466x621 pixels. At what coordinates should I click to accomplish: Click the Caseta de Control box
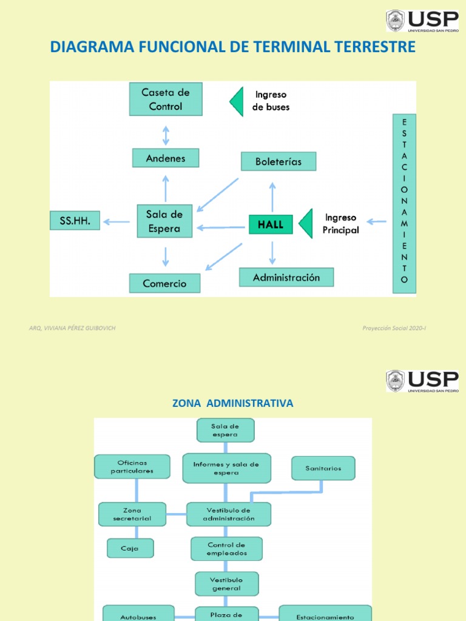pos(166,99)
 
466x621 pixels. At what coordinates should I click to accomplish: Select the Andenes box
pos(166,158)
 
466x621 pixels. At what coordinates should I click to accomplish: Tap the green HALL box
pos(271,224)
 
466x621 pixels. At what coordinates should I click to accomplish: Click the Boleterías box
pos(279,161)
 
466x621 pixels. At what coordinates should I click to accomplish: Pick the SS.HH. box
pos(75,221)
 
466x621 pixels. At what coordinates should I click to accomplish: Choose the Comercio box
pos(164,283)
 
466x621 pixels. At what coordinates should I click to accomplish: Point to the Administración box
pos(286,278)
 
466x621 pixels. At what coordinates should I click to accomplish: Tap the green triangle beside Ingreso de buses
pos(236,101)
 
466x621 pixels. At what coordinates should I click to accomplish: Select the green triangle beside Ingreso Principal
pos(306,223)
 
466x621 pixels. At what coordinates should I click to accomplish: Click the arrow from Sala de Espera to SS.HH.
pos(116,222)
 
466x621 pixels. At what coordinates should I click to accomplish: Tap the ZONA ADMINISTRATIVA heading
pos(232,403)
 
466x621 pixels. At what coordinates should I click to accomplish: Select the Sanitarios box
pos(323,468)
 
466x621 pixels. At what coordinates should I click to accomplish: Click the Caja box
pos(130,548)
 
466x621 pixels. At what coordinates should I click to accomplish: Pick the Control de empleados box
pos(227,549)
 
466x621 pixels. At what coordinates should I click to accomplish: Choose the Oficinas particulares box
pos(132,466)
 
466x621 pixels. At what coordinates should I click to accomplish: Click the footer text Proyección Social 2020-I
pos(394,328)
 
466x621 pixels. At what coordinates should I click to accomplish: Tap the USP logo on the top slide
pos(422,21)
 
